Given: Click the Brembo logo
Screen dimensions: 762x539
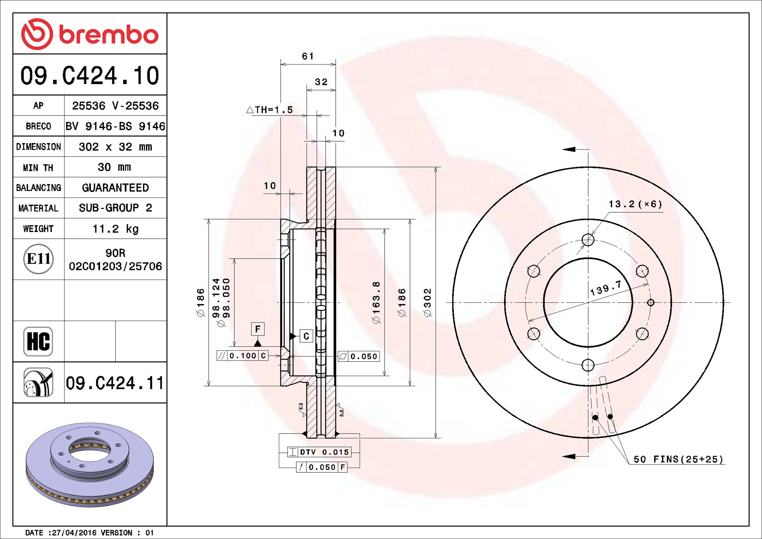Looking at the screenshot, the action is [x=90, y=34].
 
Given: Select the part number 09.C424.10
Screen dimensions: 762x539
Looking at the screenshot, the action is [x=90, y=76].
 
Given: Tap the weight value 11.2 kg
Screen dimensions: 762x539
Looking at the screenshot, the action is [x=116, y=229].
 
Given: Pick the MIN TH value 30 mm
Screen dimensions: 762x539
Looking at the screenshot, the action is [x=114, y=167].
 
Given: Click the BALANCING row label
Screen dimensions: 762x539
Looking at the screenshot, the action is [x=39, y=188].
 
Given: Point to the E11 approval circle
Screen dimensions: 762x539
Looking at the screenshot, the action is [x=38, y=259].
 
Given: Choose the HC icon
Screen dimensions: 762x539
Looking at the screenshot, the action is [x=38, y=342].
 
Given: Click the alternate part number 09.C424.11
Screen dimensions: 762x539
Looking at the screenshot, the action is [x=115, y=383].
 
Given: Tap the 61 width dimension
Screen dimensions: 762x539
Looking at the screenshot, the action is [x=308, y=56].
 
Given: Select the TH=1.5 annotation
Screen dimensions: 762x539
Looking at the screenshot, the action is [x=269, y=109].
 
